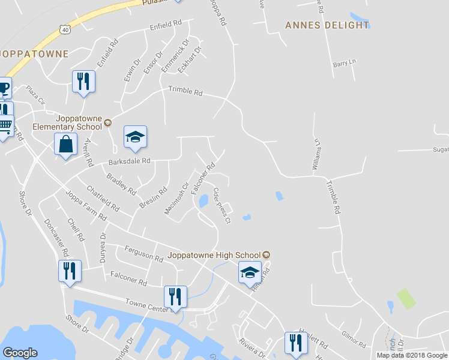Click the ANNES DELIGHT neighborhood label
[x=327, y=25]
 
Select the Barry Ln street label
[x=344, y=62]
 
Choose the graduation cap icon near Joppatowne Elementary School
[x=135, y=137]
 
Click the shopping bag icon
[x=65, y=145]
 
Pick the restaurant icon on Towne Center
[x=175, y=296]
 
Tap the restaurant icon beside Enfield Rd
[x=83, y=81]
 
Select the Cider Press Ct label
[x=221, y=205]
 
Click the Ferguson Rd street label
[x=144, y=254]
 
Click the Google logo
[x=20, y=353]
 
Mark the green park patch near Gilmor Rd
[x=406, y=298]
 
